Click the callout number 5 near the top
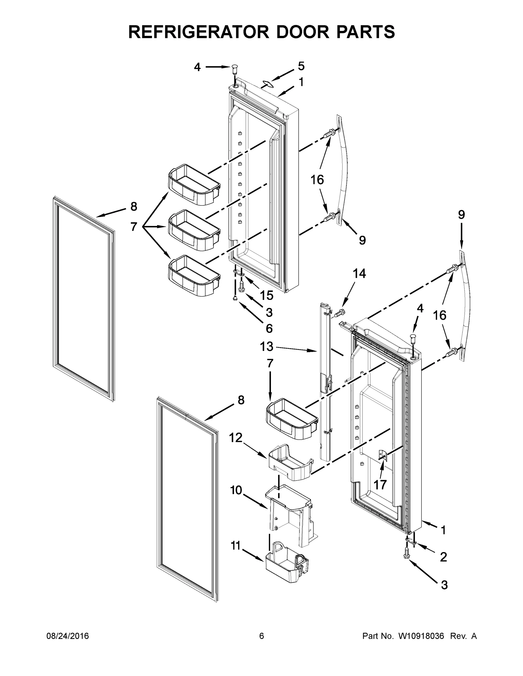coord(301,66)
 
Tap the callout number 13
coord(267,347)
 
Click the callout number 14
coord(359,273)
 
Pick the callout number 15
coord(266,295)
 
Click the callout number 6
coord(269,328)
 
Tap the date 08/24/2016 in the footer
coord(68,636)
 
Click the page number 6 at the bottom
coord(262,636)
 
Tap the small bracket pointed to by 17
coord(383,455)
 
